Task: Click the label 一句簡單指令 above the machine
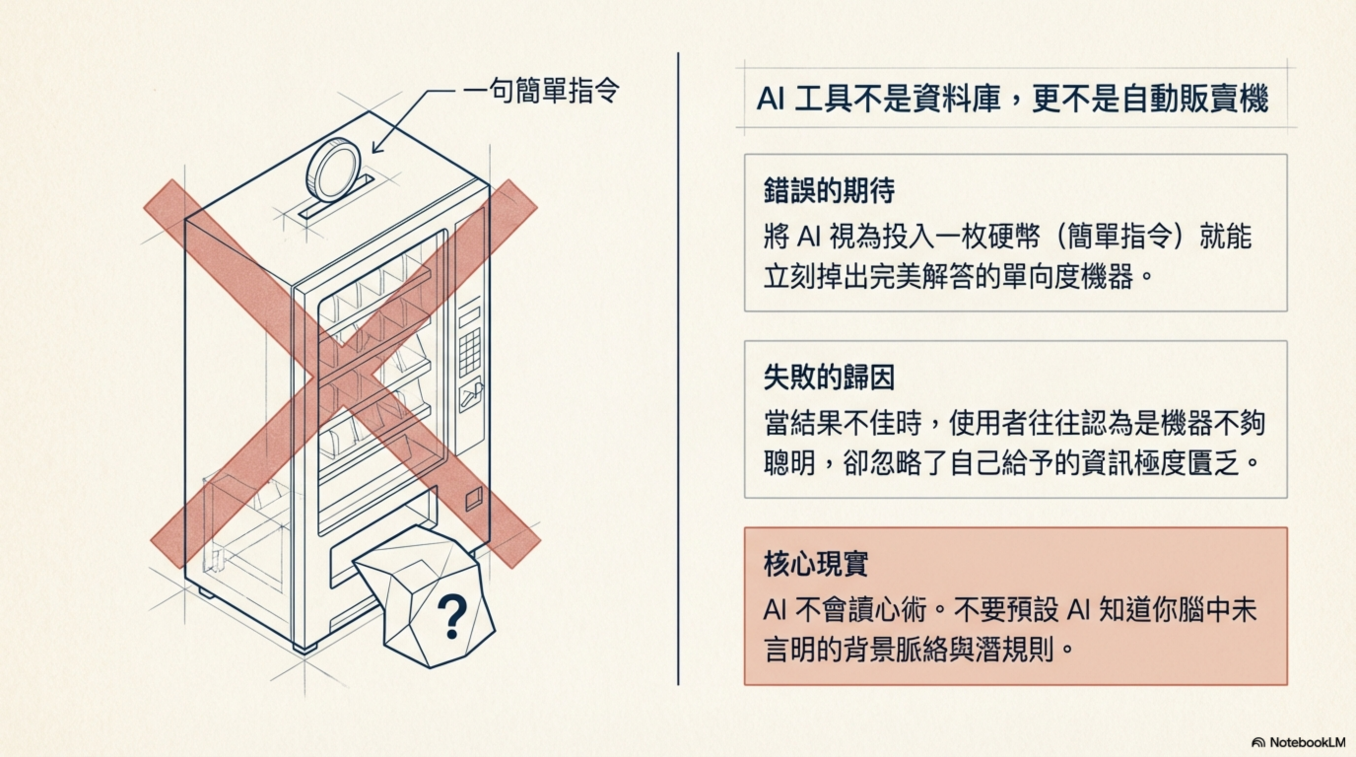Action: tap(541, 91)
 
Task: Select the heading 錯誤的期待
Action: tap(829, 191)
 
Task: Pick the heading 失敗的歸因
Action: tap(829, 378)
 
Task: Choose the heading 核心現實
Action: tap(815, 564)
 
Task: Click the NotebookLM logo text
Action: tap(1307, 742)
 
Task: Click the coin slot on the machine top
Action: tap(337, 198)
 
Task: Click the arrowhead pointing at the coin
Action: tap(376, 147)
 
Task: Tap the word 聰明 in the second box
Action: tap(789, 463)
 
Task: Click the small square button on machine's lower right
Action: tap(474, 497)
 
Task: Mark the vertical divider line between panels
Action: tap(678, 369)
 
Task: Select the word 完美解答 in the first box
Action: tap(921, 276)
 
